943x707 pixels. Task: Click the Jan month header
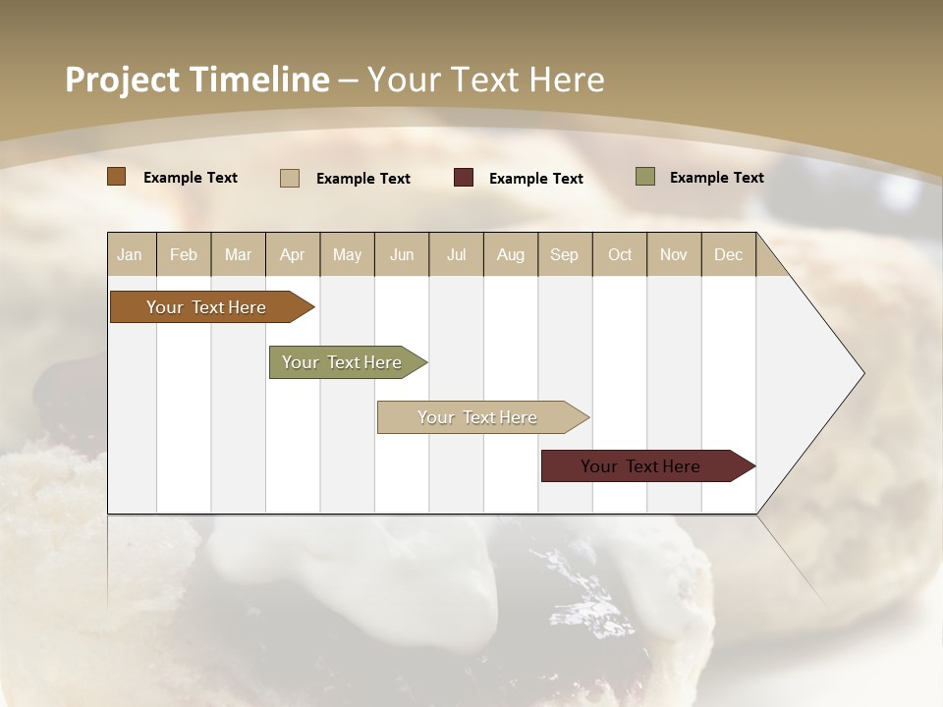click(x=130, y=254)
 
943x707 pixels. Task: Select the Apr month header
click(x=292, y=254)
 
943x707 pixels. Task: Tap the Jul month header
click(x=456, y=254)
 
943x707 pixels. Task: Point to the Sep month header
click(x=564, y=254)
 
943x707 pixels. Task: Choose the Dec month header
click(x=728, y=254)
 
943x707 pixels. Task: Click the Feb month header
click(x=184, y=254)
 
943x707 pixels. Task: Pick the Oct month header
click(x=620, y=254)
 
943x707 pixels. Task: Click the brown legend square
click(x=116, y=177)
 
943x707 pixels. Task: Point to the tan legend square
click(x=290, y=178)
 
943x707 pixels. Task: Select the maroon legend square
click(x=464, y=178)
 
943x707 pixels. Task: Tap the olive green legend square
click(x=644, y=177)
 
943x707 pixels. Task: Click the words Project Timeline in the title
click(x=196, y=80)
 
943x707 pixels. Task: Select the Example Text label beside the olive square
click(x=716, y=178)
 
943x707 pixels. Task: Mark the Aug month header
click(x=510, y=254)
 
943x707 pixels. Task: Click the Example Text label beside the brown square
click(x=191, y=178)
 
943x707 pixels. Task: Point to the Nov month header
click(x=674, y=254)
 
